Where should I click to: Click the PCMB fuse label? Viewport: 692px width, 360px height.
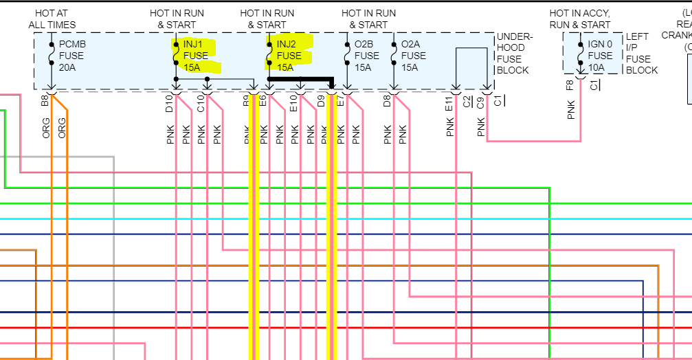[72, 56]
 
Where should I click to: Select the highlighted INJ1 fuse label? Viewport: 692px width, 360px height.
[196, 56]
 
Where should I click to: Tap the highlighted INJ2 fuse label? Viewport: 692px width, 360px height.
[289, 56]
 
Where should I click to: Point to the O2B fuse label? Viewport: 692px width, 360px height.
[366, 56]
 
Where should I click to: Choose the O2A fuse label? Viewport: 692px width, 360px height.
[413, 56]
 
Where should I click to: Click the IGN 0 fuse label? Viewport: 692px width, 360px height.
[601, 56]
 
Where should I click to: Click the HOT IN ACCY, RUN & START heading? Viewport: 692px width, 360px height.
[580, 19]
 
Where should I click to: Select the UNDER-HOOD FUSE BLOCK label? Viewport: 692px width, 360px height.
[513, 53]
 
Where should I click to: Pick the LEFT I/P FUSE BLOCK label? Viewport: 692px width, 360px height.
[641, 53]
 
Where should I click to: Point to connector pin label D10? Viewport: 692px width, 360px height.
[170, 103]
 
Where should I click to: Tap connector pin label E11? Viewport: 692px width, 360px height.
[449, 104]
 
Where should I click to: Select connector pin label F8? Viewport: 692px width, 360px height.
[570, 87]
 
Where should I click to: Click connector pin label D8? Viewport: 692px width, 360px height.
[388, 101]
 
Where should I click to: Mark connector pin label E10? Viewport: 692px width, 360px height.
[293, 103]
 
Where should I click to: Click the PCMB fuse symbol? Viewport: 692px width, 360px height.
[52, 54]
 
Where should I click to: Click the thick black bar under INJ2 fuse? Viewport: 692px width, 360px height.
[300, 80]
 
